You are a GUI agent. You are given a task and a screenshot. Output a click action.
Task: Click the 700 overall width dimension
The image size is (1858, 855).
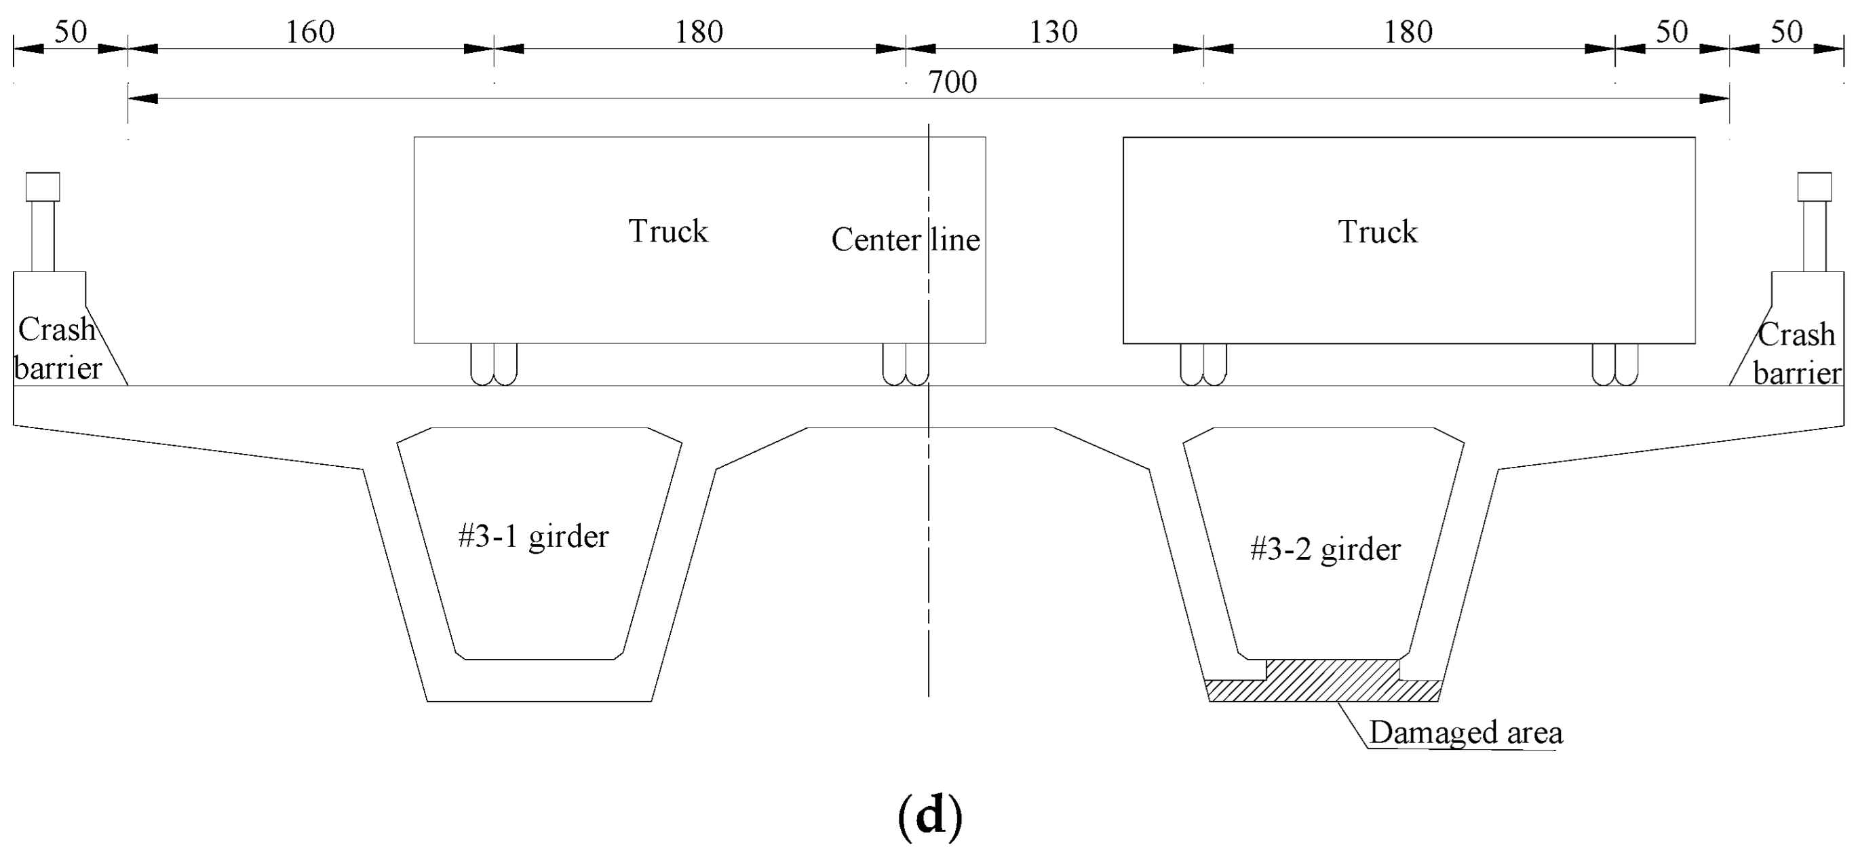point(952,82)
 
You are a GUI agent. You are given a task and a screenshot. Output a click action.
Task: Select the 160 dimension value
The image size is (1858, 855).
point(310,33)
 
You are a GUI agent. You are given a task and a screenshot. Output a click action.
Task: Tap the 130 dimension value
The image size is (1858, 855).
point(1053,33)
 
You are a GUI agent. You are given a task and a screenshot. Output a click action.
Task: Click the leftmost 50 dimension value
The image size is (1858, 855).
point(71,33)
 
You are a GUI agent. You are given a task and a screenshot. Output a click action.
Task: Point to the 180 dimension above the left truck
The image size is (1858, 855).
point(699,33)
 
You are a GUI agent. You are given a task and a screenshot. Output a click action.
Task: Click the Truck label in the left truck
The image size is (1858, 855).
point(668,231)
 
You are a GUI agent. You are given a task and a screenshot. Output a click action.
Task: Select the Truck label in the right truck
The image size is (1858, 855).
point(1378,232)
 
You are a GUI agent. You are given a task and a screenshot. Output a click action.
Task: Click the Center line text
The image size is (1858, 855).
point(905,240)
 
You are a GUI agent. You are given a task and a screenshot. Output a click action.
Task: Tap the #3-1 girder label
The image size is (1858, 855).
point(533,537)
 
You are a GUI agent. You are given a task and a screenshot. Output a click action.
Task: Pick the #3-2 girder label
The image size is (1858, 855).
point(1325,550)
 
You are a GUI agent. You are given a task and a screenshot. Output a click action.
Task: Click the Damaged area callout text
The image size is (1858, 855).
point(1466,733)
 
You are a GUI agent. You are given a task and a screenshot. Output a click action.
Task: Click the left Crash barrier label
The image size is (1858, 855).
point(58,349)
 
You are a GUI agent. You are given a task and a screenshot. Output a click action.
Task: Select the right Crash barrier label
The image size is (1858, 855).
point(1796,354)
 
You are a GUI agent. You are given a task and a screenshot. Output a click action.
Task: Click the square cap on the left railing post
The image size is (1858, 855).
point(43,187)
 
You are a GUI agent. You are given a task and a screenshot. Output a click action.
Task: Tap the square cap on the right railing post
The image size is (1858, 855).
point(1814,187)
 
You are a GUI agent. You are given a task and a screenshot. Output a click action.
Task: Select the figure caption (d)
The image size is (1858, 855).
point(930,816)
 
